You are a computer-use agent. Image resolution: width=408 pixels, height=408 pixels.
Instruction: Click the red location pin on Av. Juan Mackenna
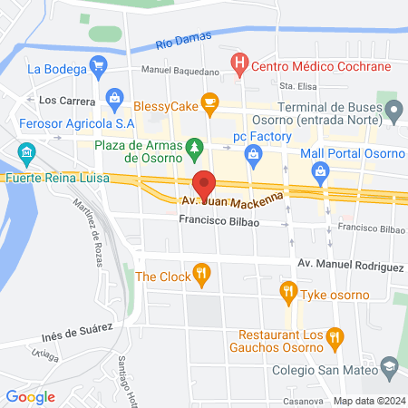[x=206, y=184]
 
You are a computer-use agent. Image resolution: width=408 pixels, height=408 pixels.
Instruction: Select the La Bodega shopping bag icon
[x=101, y=66]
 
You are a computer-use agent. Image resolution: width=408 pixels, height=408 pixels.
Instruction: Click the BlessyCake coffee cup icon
[x=211, y=103]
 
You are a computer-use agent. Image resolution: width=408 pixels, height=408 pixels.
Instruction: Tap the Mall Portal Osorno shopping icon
[x=319, y=170]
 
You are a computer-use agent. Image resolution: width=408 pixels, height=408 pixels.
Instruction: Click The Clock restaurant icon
[x=202, y=271]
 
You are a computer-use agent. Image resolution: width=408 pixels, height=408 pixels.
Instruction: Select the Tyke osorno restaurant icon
[x=288, y=290]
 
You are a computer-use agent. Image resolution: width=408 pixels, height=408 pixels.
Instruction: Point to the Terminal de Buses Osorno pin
[x=394, y=111]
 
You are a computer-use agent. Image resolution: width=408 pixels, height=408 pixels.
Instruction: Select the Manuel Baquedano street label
[x=180, y=71]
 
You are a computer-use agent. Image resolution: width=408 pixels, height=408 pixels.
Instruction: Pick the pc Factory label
[x=262, y=136]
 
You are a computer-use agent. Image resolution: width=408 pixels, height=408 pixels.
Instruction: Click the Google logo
[x=30, y=396]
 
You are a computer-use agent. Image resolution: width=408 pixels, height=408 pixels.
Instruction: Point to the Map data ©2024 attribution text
[x=368, y=401]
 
